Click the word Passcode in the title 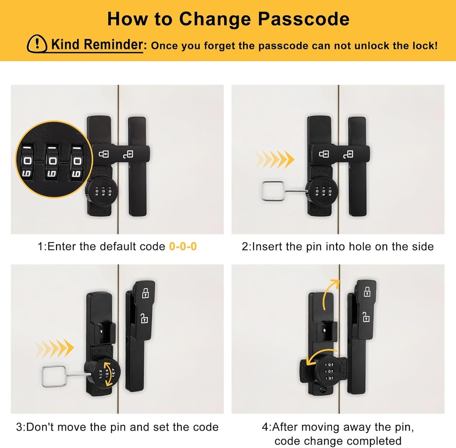coord(304,19)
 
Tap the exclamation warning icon coord(37,44)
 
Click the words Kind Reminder coord(97,44)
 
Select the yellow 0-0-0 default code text coord(183,246)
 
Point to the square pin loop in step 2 coord(273,191)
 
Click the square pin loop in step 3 coord(53,376)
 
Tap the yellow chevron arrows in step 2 coord(275,160)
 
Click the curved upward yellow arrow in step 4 coord(328,291)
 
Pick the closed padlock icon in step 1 coord(104,153)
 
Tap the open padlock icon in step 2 coord(348,154)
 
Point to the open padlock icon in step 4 coord(366,316)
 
